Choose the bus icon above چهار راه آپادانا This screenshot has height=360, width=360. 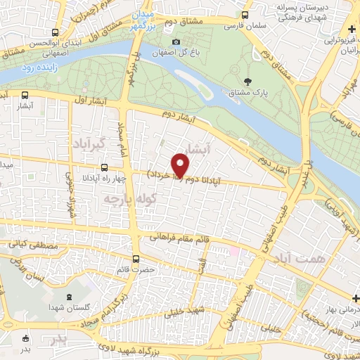pos(104,167)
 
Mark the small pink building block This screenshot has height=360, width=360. pos(234,250)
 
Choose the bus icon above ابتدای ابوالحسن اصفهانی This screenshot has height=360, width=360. pos(56,32)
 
